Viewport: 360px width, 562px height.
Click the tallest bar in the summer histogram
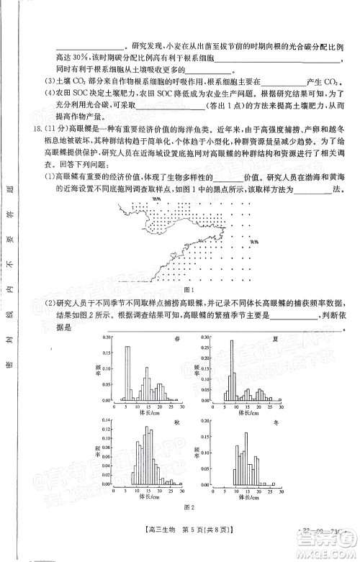pos(231,370)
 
